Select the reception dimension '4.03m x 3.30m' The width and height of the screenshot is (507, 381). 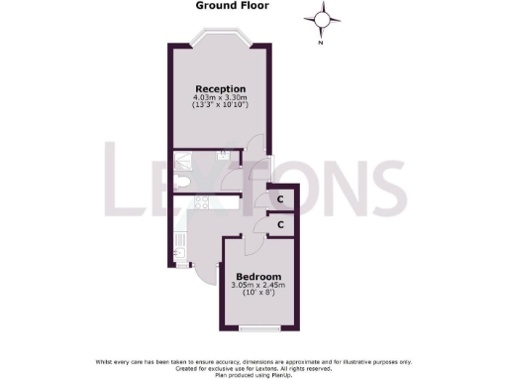[220, 98]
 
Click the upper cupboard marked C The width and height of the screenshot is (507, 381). [281, 198]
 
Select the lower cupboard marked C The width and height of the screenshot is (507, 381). [281, 225]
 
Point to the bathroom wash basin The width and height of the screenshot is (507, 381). [224, 154]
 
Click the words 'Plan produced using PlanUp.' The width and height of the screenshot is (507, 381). [253, 374]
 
